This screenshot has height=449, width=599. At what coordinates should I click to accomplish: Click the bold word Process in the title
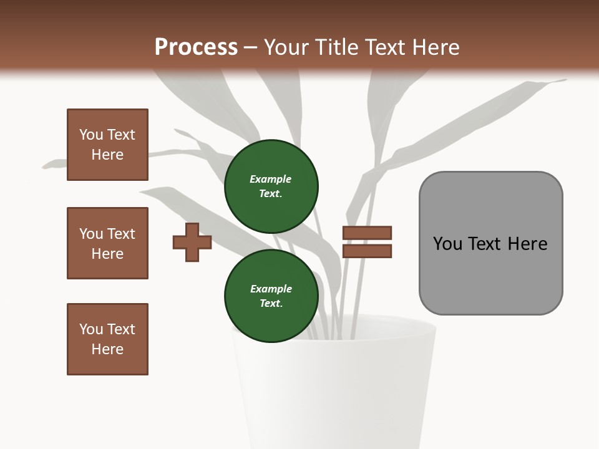pos(196,47)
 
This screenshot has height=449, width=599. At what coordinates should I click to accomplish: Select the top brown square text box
pos(107,145)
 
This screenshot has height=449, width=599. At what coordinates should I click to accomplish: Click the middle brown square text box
pos(107,243)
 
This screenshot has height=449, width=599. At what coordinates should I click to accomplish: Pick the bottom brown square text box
pos(107,339)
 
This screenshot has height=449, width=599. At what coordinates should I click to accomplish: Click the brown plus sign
pos(192,242)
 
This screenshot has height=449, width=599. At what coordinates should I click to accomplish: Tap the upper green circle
pos(271,186)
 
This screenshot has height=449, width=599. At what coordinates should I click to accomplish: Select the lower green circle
pos(271,296)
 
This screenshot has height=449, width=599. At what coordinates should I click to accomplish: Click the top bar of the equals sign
pos(367,233)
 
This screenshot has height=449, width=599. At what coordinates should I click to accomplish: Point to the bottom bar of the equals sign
pos(367,251)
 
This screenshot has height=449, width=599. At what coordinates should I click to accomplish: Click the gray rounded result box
pos(490,243)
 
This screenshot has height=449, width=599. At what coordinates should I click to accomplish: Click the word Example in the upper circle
pos(271,180)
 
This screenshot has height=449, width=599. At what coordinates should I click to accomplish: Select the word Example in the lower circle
pos(271,289)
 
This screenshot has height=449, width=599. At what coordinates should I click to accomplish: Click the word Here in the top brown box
pos(107,155)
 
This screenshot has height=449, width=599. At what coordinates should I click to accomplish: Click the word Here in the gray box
pos(528,244)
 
